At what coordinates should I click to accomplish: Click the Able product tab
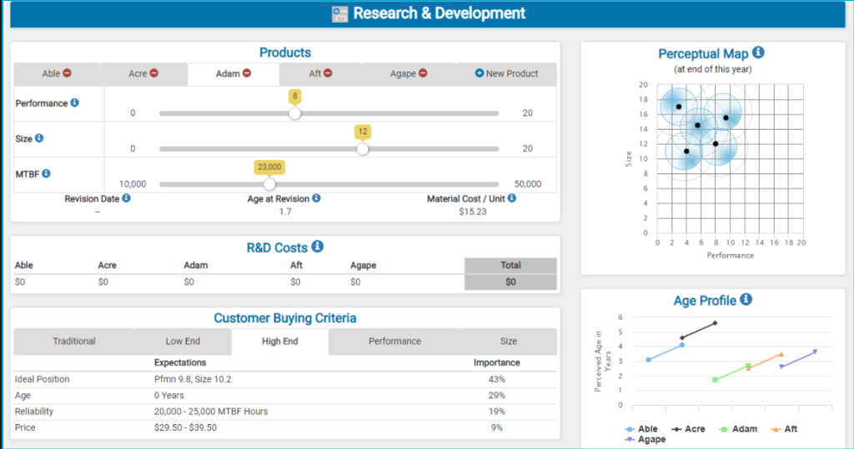(57, 74)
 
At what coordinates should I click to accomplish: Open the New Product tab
(506, 74)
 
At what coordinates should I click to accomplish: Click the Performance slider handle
(294, 113)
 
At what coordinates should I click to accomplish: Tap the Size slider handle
(362, 149)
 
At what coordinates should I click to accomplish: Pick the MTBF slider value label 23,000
(269, 167)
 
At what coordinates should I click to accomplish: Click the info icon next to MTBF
(46, 173)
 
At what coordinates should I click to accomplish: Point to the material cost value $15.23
(472, 212)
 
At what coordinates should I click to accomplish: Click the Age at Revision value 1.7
(285, 212)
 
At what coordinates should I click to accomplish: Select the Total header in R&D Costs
(510, 266)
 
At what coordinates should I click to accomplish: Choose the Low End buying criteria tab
(183, 342)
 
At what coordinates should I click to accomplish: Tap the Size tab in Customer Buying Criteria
(509, 342)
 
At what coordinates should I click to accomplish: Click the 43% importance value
(496, 380)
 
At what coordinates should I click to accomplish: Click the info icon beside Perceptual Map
(757, 52)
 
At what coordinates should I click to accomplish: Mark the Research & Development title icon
(339, 14)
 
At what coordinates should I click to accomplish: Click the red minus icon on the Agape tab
(423, 74)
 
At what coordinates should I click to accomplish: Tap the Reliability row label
(34, 412)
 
